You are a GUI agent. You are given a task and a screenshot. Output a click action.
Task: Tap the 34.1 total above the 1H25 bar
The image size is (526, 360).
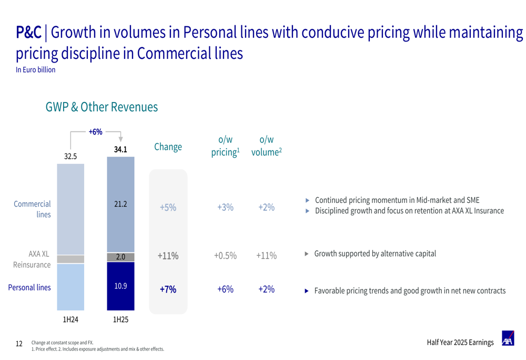[x=120, y=150]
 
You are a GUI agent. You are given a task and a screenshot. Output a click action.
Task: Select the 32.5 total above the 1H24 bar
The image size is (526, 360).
[x=70, y=156]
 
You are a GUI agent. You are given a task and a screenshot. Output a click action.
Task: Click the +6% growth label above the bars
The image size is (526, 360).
[x=95, y=132]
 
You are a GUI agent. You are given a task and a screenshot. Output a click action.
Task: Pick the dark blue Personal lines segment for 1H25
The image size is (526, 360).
[x=120, y=286]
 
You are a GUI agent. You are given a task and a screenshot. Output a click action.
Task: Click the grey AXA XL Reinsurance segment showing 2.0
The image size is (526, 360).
[x=120, y=257]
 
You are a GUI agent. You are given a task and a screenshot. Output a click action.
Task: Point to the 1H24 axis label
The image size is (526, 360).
[x=70, y=319]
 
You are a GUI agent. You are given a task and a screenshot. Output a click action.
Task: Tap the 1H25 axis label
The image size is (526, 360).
[x=120, y=319]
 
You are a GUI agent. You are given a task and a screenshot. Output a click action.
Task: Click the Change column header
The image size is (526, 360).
[x=168, y=147]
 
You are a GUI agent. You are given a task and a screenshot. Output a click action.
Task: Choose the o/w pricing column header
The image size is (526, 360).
[x=225, y=146]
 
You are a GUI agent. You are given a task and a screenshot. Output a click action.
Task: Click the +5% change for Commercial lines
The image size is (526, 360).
[x=168, y=208]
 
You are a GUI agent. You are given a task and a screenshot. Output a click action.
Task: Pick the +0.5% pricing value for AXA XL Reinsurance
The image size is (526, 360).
[x=225, y=256]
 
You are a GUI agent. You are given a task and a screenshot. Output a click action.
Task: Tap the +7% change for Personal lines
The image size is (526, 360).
[x=168, y=290]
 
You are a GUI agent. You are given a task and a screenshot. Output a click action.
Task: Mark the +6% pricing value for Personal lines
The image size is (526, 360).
[x=225, y=289]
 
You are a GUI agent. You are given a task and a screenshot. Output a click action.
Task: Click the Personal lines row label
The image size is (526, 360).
[x=29, y=287]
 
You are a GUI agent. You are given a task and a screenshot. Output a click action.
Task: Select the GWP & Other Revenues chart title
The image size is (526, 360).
[x=102, y=107]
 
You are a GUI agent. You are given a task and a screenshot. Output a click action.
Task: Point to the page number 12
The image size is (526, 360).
[x=19, y=344]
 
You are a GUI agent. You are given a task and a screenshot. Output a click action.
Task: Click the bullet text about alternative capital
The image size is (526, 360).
[x=375, y=254]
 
